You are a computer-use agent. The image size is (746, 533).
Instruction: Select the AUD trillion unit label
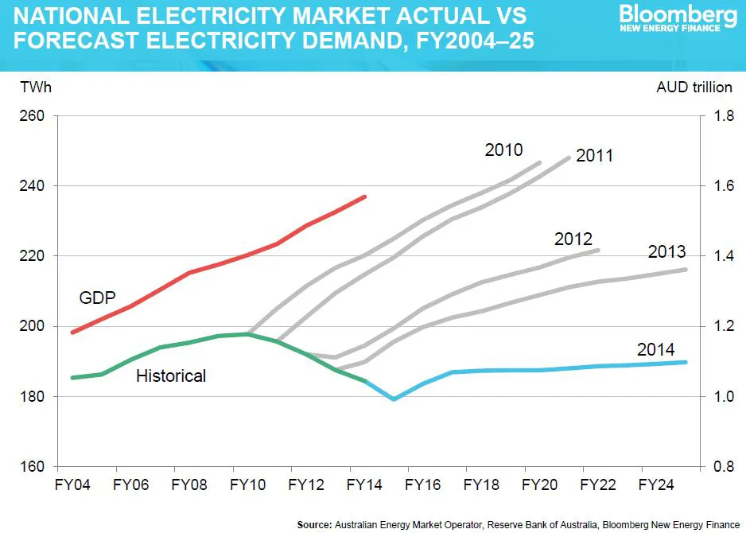[x=694, y=87]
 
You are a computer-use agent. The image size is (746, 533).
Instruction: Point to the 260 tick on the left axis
[x=33, y=116]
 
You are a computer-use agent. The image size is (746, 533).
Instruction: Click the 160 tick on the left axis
[x=33, y=466]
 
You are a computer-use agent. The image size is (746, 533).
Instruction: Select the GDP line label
[x=98, y=298]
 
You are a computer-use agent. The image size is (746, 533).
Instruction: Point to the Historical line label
[x=171, y=375]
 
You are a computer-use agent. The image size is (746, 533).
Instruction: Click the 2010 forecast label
[x=503, y=150]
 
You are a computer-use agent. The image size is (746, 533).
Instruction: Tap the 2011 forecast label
[x=594, y=155]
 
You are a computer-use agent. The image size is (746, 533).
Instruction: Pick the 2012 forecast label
[x=573, y=239]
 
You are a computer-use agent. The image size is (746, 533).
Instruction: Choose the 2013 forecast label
[x=667, y=252]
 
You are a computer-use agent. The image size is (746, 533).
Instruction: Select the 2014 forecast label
[x=655, y=349]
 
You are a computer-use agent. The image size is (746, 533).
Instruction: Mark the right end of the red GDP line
[x=364, y=196]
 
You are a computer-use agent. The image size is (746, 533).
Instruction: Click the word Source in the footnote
[x=314, y=524]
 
